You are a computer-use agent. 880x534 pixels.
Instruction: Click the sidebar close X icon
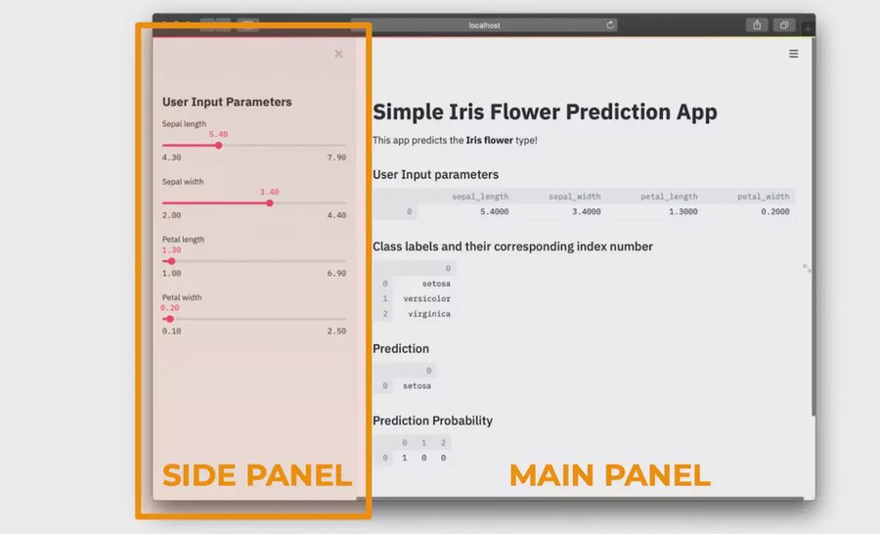(338, 54)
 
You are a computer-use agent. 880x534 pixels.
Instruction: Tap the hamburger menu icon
(794, 54)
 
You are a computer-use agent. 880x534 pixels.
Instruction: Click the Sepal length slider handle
(219, 146)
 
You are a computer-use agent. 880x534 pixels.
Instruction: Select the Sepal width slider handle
(270, 203)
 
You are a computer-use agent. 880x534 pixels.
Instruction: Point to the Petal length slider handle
(172, 261)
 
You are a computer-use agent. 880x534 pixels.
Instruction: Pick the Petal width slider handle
(170, 319)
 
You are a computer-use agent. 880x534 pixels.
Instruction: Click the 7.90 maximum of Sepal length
(336, 157)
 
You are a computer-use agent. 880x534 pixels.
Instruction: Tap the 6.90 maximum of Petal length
(336, 274)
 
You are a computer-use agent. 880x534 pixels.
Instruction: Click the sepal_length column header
(480, 197)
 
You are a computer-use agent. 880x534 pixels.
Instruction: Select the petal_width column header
(764, 197)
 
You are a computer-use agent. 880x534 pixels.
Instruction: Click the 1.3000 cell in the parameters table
(683, 211)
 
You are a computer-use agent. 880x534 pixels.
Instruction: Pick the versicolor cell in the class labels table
(426, 298)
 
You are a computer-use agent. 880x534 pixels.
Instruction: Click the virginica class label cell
(429, 314)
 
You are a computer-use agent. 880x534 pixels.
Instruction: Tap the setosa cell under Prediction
(417, 386)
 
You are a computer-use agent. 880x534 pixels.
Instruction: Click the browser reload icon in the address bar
(610, 25)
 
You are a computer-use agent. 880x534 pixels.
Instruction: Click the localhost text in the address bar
(484, 25)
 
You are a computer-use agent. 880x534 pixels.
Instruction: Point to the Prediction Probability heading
(433, 421)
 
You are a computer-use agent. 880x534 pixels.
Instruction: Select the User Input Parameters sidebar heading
(227, 102)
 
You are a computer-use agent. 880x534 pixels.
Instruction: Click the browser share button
(757, 24)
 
